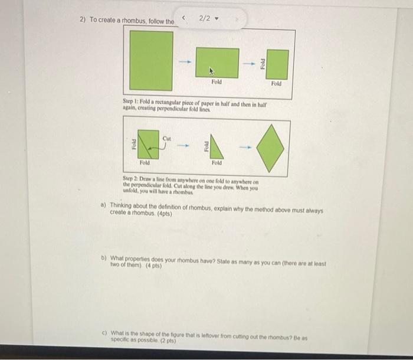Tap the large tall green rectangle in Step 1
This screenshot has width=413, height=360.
(x=152, y=60)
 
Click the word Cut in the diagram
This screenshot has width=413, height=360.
(x=166, y=139)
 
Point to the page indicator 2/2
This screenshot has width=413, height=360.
(x=205, y=19)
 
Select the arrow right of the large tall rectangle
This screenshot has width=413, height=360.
(x=183, y=61)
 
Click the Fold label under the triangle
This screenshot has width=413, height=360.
(x=217, y=162)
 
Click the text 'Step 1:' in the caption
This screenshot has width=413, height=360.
(x=132, y=103)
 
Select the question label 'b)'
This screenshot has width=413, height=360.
(x=104, y=260)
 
